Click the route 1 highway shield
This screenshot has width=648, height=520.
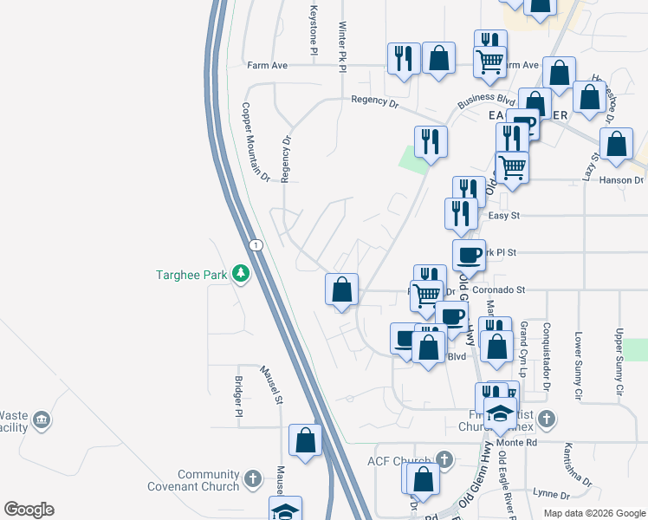256,245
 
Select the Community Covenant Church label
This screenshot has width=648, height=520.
209,480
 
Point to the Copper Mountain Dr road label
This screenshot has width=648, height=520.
256,144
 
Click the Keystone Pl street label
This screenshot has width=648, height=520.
314,31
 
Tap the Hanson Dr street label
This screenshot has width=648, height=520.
626,180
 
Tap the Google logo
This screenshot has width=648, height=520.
29,510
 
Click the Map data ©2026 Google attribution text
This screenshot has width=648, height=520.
593,513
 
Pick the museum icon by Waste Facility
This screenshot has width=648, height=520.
42,421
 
